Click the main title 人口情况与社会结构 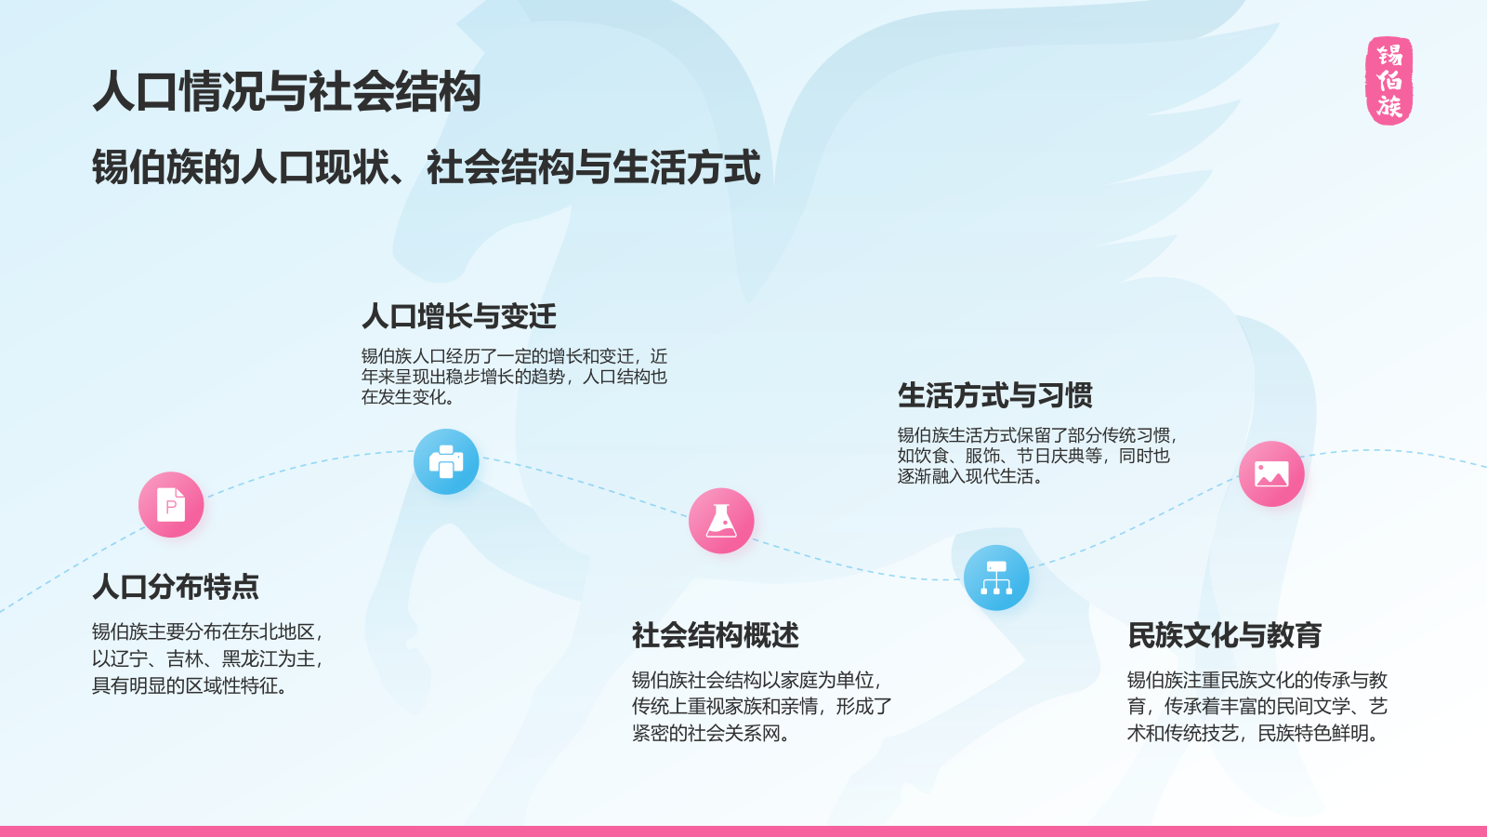287,92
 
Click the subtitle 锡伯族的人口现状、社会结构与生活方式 427,167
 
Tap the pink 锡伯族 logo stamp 1389,81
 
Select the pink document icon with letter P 171,505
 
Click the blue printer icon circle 446,461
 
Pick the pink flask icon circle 721,521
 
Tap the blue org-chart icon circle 996,578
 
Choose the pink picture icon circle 1271,474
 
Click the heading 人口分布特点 176,587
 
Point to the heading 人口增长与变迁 459,316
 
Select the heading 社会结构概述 716,635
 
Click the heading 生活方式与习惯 995,395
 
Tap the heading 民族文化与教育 1225,635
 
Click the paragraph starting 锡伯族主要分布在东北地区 207,658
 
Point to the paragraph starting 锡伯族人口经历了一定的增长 514,377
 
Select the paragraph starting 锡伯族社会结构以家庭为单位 761,707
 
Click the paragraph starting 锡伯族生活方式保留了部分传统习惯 1037,456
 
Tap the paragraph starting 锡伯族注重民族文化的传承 1257,707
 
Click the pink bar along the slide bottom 743,831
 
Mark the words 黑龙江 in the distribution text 250,659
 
